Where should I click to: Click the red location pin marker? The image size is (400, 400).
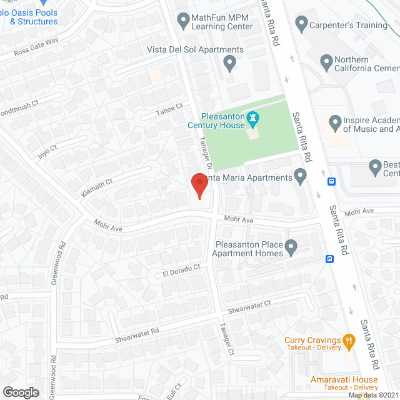(x=199, y=186)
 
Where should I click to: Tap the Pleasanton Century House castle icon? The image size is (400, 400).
(x=252, y=117)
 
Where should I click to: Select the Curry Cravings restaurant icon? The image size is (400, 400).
(x=349, y=341)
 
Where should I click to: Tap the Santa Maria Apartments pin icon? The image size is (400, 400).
(x=301, y=178)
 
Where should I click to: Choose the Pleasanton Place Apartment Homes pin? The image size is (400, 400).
(x=291, y=249)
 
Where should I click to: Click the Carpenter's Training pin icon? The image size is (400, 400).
(x=301, y=25)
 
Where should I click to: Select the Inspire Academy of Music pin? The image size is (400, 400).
(x=336, y=122)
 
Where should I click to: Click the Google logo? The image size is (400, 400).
(x=21, y=392)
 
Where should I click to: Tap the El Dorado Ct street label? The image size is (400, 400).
(x=181, y=269)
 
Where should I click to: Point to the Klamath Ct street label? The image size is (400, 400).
(x=96, y=189)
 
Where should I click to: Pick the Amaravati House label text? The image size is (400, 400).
(x=344, y=379)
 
